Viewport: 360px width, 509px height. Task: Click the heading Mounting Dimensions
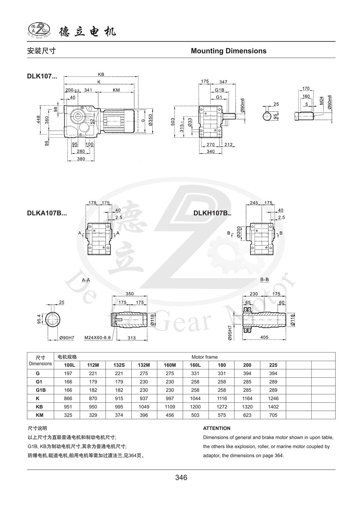[x=228, y=51]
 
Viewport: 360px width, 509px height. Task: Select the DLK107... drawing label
[x=42, y=77]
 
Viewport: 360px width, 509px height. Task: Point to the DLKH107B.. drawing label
[x=212, y=213]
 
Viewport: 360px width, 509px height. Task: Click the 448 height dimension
[x=38, y=119]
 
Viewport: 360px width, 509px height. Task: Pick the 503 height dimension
[x=173, y=122]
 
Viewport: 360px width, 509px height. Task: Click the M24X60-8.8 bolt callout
[x=98, y=337]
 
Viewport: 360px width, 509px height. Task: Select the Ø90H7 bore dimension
[x=66, y=337]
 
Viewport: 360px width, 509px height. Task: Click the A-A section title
[x=86, y=280]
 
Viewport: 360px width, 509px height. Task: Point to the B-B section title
[x=264, y=280]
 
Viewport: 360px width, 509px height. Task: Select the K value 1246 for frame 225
[x=273, y=398]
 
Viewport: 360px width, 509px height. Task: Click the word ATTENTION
[x=217, y=428]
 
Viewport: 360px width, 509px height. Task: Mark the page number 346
[x=181, y=478]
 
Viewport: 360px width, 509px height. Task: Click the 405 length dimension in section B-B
[x=264, y=337]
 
